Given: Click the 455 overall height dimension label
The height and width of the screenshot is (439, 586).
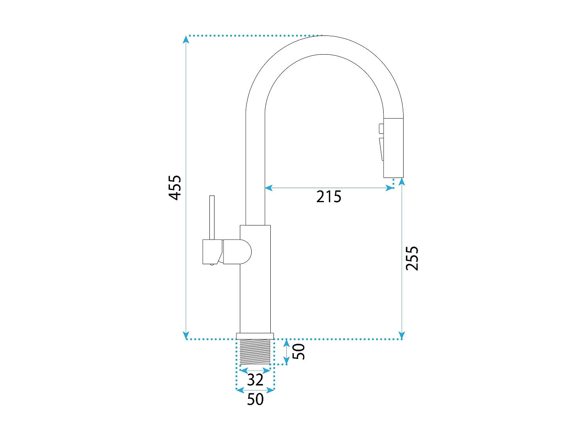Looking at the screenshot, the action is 175,188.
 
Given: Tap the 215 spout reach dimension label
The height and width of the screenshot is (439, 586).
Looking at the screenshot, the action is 329,197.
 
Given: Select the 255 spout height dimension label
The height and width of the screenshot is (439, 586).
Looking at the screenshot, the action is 412,258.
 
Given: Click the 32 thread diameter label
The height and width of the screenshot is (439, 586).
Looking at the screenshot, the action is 255,380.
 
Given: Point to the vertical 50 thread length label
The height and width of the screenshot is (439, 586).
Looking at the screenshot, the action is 298,352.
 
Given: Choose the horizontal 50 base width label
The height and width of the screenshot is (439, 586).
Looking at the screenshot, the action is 255,399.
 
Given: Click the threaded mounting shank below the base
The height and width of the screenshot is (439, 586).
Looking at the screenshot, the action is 255,352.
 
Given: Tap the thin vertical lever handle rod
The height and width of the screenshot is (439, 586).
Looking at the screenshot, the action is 212,217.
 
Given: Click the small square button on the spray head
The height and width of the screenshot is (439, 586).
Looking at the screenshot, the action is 381,128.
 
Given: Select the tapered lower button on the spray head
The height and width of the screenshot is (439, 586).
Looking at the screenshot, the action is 382,149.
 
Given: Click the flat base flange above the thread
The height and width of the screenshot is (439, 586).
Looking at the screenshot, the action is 255,336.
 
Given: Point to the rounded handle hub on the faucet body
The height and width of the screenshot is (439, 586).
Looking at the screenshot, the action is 238,252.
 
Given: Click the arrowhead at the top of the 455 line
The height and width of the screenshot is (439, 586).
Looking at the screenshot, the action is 186,39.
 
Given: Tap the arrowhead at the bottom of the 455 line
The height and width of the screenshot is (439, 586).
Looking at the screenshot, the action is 186,335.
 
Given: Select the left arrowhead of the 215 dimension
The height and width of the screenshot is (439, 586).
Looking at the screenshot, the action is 268,188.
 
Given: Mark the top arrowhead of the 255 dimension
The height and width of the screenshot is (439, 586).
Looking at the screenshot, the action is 402,182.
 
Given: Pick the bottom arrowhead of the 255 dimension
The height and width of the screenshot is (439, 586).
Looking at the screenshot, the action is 402,335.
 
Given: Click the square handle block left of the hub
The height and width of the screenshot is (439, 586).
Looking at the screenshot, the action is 213,252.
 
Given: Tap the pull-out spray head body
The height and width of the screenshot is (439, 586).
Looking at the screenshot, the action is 393,148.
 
